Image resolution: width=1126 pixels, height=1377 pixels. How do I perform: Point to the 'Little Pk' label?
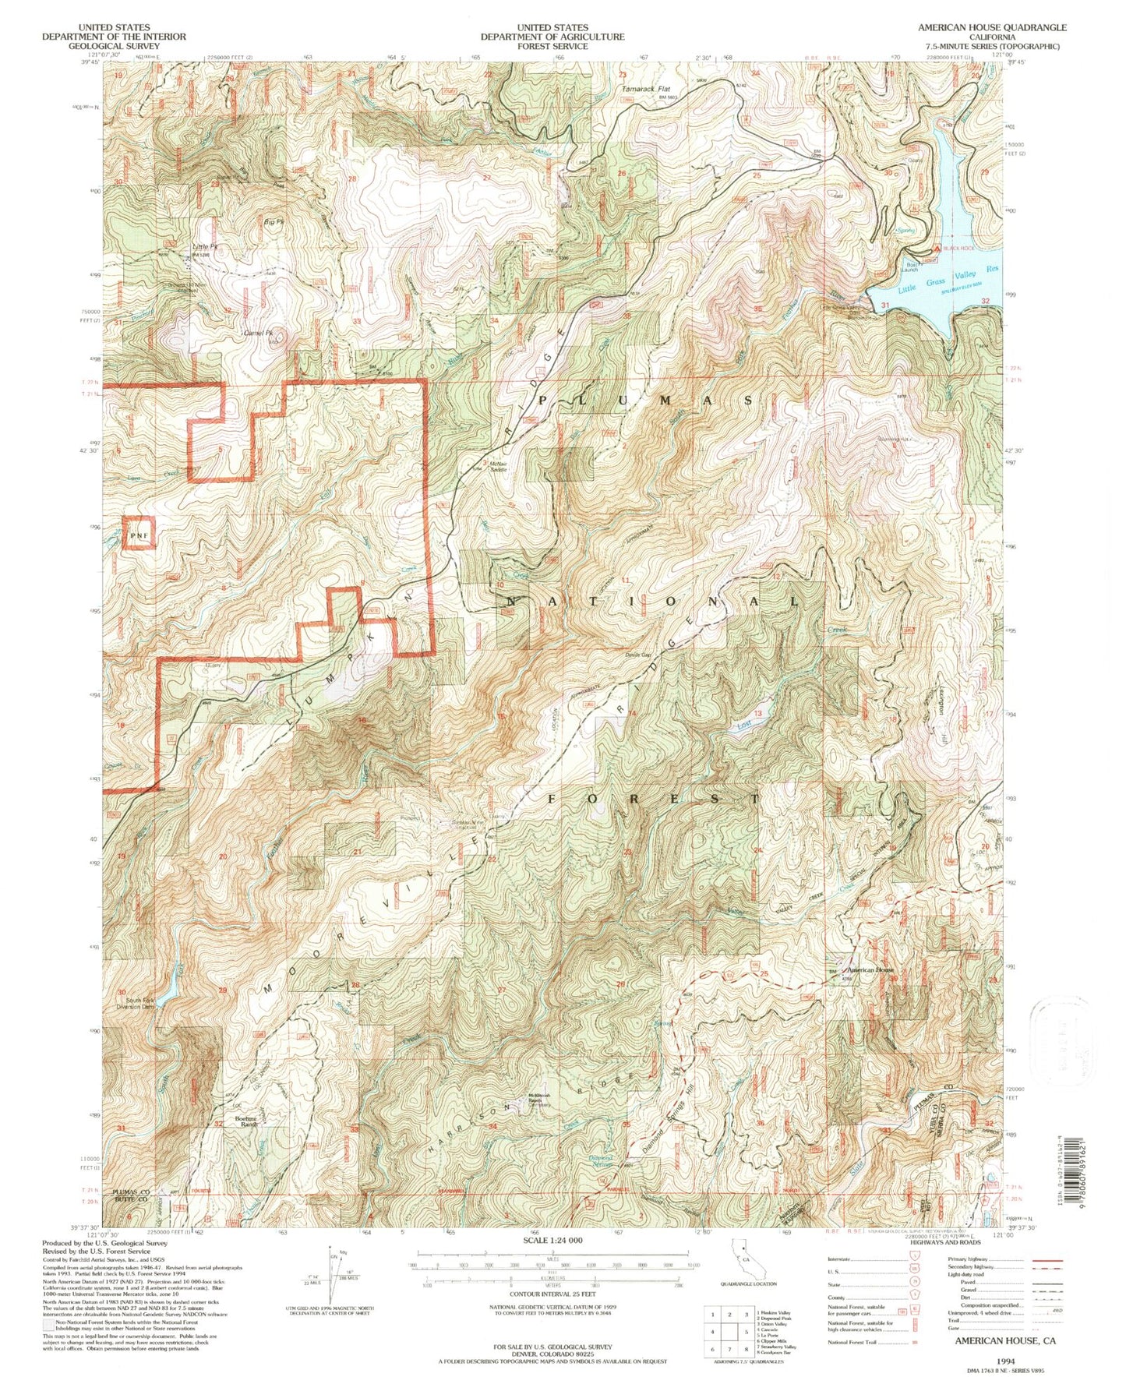[204, 247]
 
